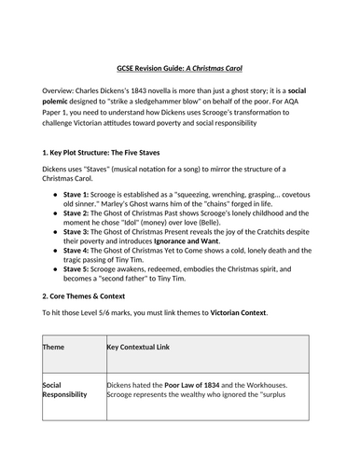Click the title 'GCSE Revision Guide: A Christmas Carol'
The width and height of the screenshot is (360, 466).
[180, 44]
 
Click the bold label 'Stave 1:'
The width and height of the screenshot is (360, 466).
[82, 197]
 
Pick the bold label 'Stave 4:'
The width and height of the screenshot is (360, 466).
[82, 277]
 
